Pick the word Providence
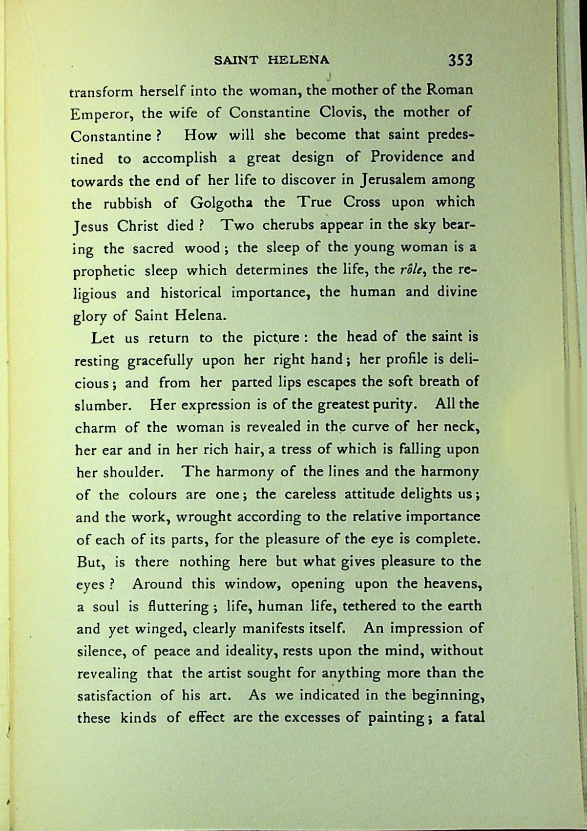coord(407,157)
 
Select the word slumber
coord(104,406)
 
